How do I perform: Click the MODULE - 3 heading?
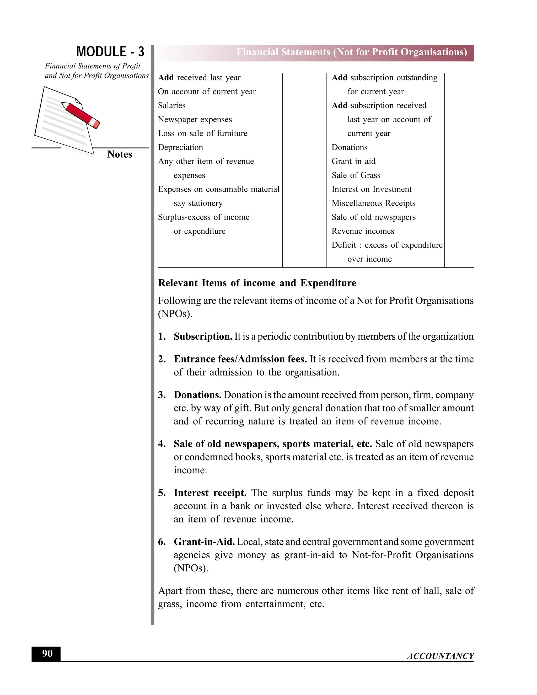(x=110, y=52)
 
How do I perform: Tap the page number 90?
(x=47, y=653)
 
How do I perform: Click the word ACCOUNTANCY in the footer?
(x=440, y=656)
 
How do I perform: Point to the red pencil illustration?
(x=81, y=115)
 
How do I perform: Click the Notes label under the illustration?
(x=119, y=154)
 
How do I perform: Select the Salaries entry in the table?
(x=171, y=105)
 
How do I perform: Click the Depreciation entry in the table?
(x=180, y=147)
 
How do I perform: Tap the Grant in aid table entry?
(x=353, y=161)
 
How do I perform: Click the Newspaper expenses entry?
(x=195, y=119)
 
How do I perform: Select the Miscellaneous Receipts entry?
(x=373, y=203)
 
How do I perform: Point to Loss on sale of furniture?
(x=202, y=133)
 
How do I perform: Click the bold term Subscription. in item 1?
(x=203, y=336)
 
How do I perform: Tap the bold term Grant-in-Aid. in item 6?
(x=204, y=542)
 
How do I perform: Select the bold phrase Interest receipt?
(x=210, y=493)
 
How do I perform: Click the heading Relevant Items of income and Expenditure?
(x=257, y=283)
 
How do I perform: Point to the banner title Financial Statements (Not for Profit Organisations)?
(x=352, y=52)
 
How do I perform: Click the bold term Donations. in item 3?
(x=197, y=395)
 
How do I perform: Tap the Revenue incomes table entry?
(x=363, y=231)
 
